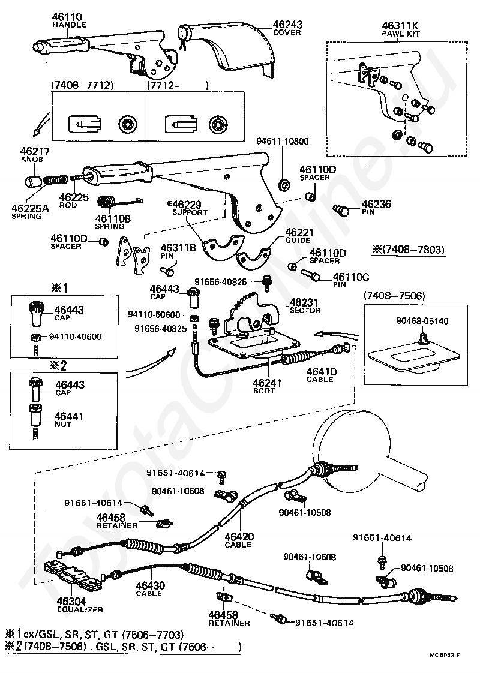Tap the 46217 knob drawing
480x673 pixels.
click(x=33, y=181)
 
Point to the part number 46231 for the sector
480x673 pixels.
click(x=304, y=302)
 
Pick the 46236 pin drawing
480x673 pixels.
click(x=343, y=210)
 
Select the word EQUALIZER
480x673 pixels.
click(x=80, y=609)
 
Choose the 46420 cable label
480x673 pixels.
click(x=238, y=540)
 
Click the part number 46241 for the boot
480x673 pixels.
click(x=263, y=387)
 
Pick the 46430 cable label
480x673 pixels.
click(x=149, y=589)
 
